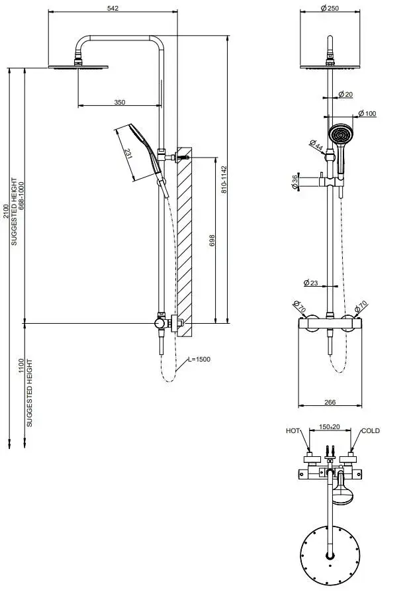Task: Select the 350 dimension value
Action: pyautogui.click(x=119, y=103)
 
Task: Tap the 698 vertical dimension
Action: pyautogui.click(x=212, y=240)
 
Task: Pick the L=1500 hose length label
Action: pyautogui.click(x=198, y=359)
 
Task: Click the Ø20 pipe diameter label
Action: pyautogui.click(x=345, y=95)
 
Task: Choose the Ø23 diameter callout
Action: pyautogui.click(x=311, y=283)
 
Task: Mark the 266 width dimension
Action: pyautogui.click(x=329, y=402)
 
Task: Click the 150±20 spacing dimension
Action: pyautogui.click(x=329, y=428)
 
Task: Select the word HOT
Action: pyautogui.click(x=293, y=430)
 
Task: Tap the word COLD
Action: pyautogui.click(x=370, y=430)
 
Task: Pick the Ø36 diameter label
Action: pyautogui.click(x=295, y=181)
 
